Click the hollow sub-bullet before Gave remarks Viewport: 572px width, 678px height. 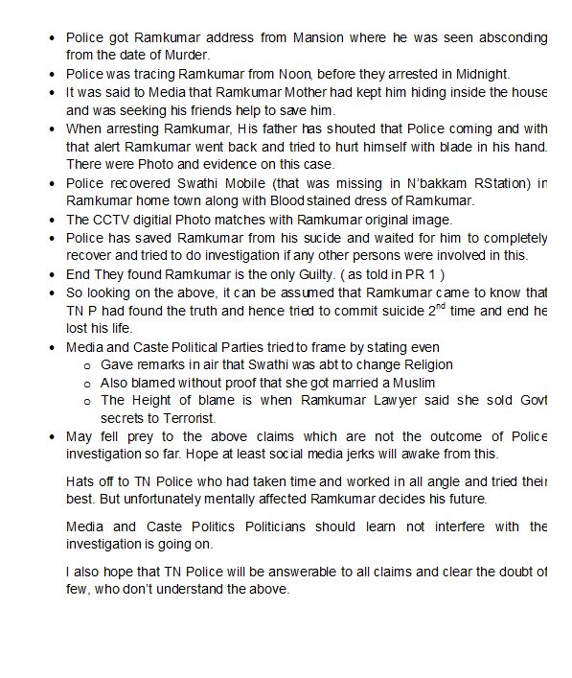(87, 365)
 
